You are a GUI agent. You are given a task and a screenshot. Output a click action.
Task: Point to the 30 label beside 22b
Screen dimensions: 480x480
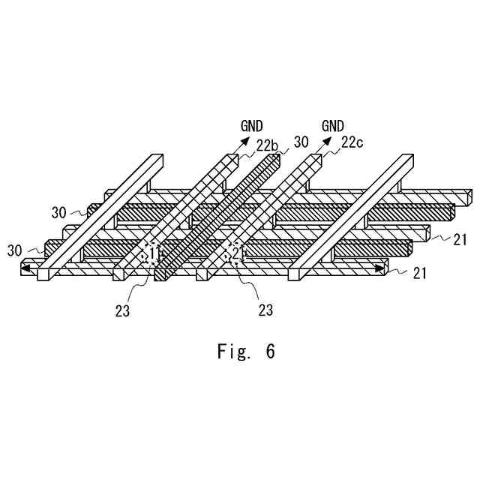tap(301, 142)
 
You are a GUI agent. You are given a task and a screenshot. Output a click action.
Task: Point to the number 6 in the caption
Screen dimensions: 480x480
tap(269, 352)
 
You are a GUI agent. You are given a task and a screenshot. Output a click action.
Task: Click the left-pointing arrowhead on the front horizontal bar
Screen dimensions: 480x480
tap(25, 268)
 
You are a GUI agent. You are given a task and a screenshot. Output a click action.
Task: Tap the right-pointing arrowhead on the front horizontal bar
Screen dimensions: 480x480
tap(382, 268)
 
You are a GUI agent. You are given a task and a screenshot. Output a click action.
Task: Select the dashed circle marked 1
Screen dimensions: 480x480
tap(153, 251)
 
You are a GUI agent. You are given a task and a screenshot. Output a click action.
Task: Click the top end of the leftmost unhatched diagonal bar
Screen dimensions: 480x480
tap(157, 160)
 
